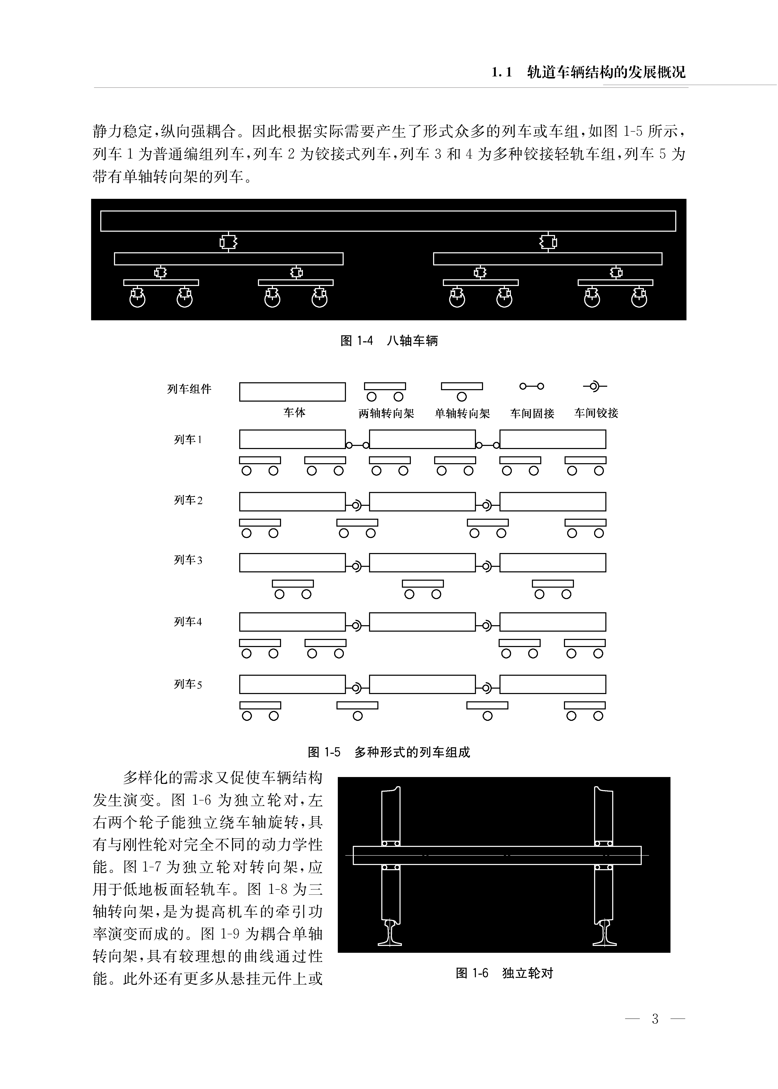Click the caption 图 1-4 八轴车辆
pyautogui.click(x=389, y=341)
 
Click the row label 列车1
pyautogui.click(x=188, y=440)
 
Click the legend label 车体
pyautogui.click(x=294, y=412)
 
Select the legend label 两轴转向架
pyautogui.click(x=386, y=413)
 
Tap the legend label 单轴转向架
pyautogui.click(x=462, y=413)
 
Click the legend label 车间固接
pyautogui.click(x=532, y=413)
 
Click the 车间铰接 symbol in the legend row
pyautogui.click(x=595, y=386)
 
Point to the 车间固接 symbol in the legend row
pyautogui.click(x=532, y=386)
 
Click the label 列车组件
pyautogui.click(x=189, y=389)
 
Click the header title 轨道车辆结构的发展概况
pyautogui.click(x=606, y=72)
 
